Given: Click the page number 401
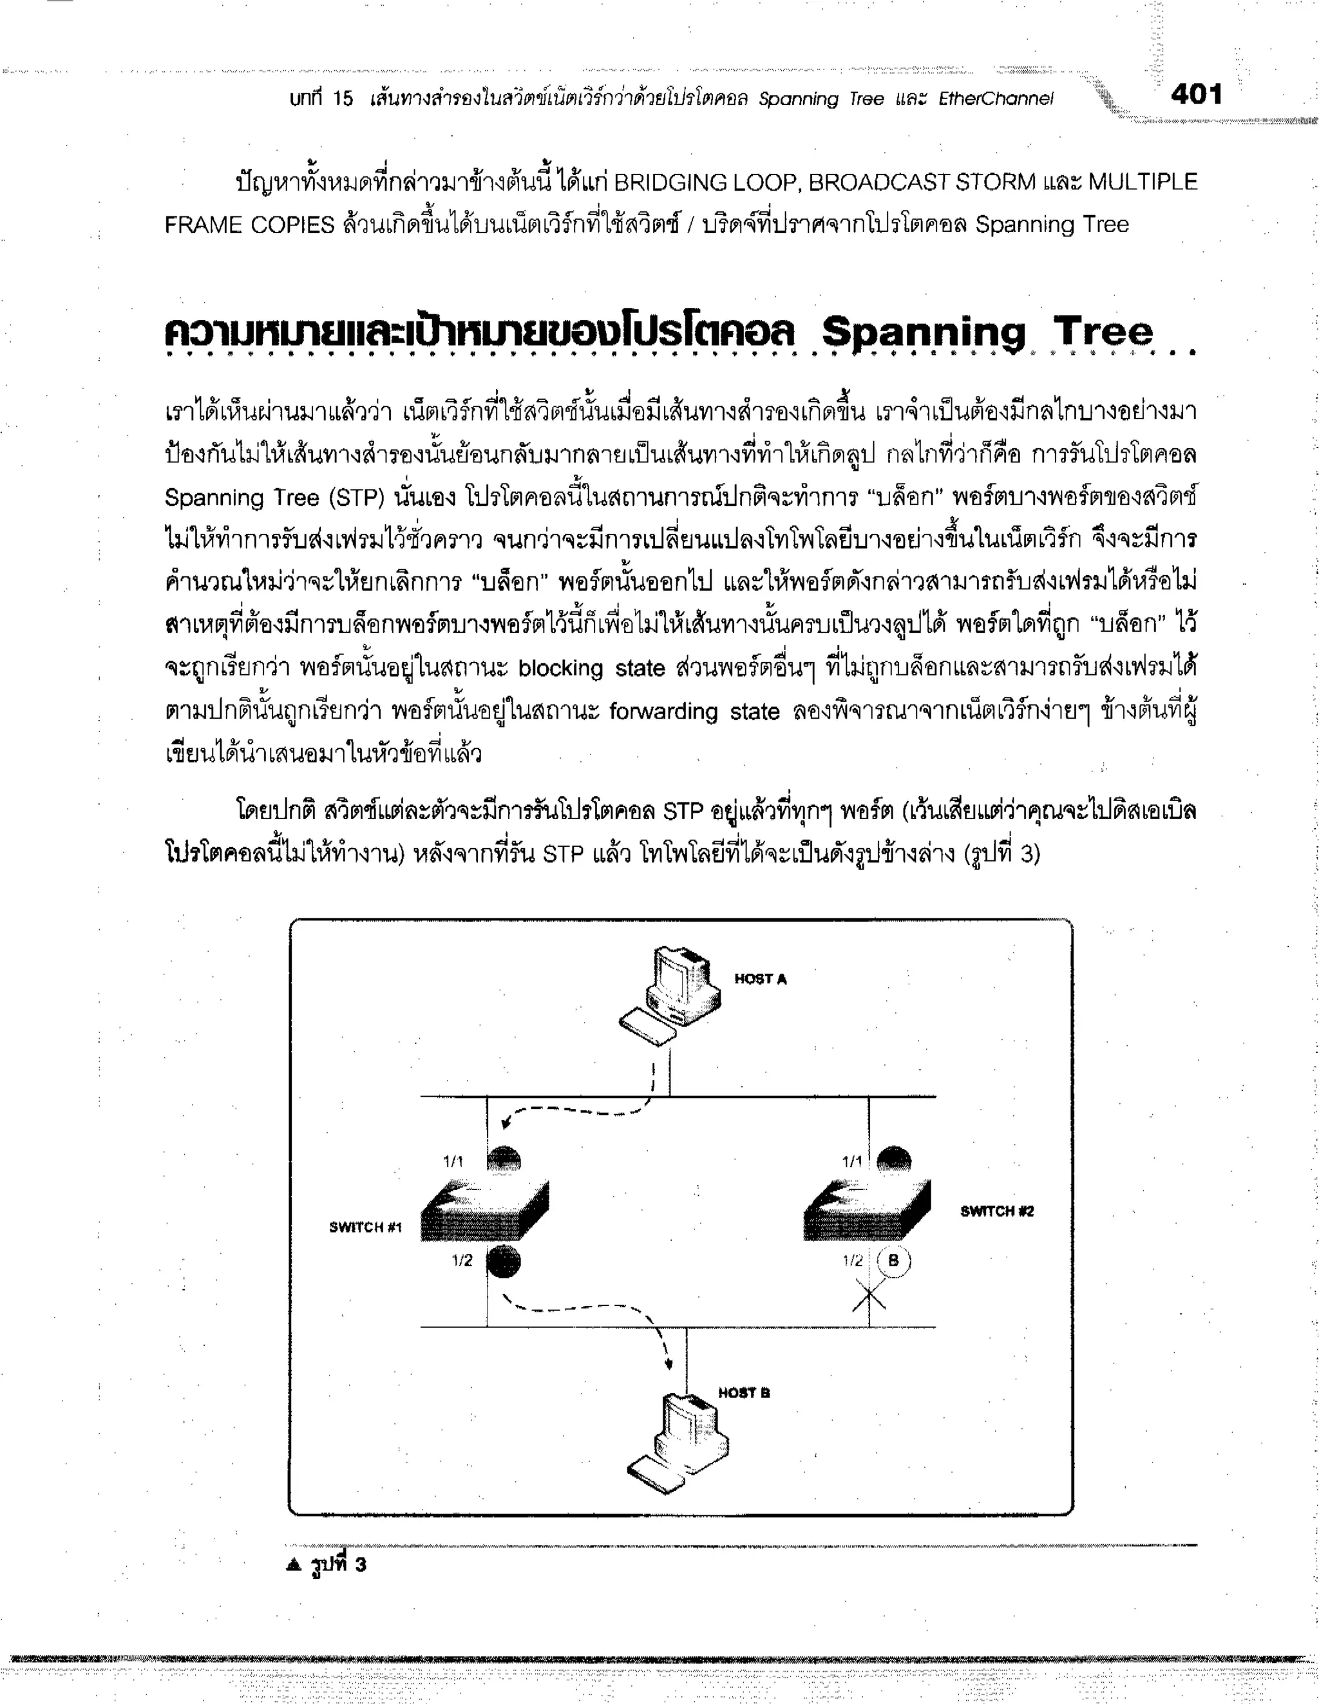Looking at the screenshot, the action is (x=1196, y=95).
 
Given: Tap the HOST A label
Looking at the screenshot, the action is (x=760, y=979).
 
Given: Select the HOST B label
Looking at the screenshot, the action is (x=744, y=1393).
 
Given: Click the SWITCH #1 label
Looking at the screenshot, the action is (x=365, y=1227).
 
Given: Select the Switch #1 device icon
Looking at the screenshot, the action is (x=485, y=1211).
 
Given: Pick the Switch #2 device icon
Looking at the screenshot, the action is (x=867, y=1211).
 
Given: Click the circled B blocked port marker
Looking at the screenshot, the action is (x=894, y=1260).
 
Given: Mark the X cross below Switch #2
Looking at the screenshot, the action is (x=869, y=1298).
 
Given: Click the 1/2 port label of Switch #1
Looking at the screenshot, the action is (x=462, y=1260).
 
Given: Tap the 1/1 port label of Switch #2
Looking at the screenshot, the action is (x=852, y=1162).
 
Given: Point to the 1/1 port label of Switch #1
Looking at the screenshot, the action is (x=453, y=1162).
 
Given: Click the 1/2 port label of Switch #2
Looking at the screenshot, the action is (x=853, y=1260).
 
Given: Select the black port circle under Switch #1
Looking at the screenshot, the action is (x=504, y=1261).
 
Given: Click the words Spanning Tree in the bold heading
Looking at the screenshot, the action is (x=987, y=332).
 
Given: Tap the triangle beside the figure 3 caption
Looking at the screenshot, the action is (x=294, y=1564).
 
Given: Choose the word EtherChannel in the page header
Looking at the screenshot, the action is (x=995, y=99).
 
